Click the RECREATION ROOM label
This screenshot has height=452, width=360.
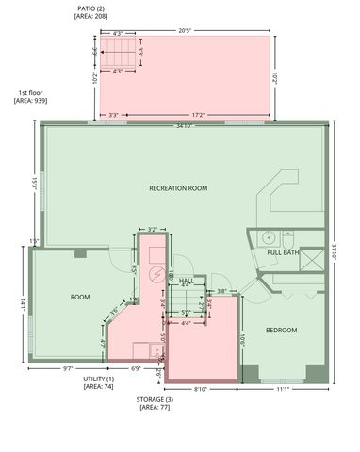click(178, 188)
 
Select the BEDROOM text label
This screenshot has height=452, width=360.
click(281, 330)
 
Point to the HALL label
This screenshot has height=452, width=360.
click(186, 281)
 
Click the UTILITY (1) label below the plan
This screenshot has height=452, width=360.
click(98, 378)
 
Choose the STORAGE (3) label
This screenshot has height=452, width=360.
click(155, 400)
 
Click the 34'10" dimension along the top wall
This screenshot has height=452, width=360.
click(185, 126)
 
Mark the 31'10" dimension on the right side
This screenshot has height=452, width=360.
click(334, 254)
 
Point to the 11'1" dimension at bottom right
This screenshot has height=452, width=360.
click(281, 388)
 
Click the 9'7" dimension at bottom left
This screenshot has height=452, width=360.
click(69, 368)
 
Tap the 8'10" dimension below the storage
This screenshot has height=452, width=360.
click(201, 388)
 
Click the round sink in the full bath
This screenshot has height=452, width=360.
click(268, 236)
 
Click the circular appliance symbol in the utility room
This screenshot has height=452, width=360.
click(157, 273)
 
